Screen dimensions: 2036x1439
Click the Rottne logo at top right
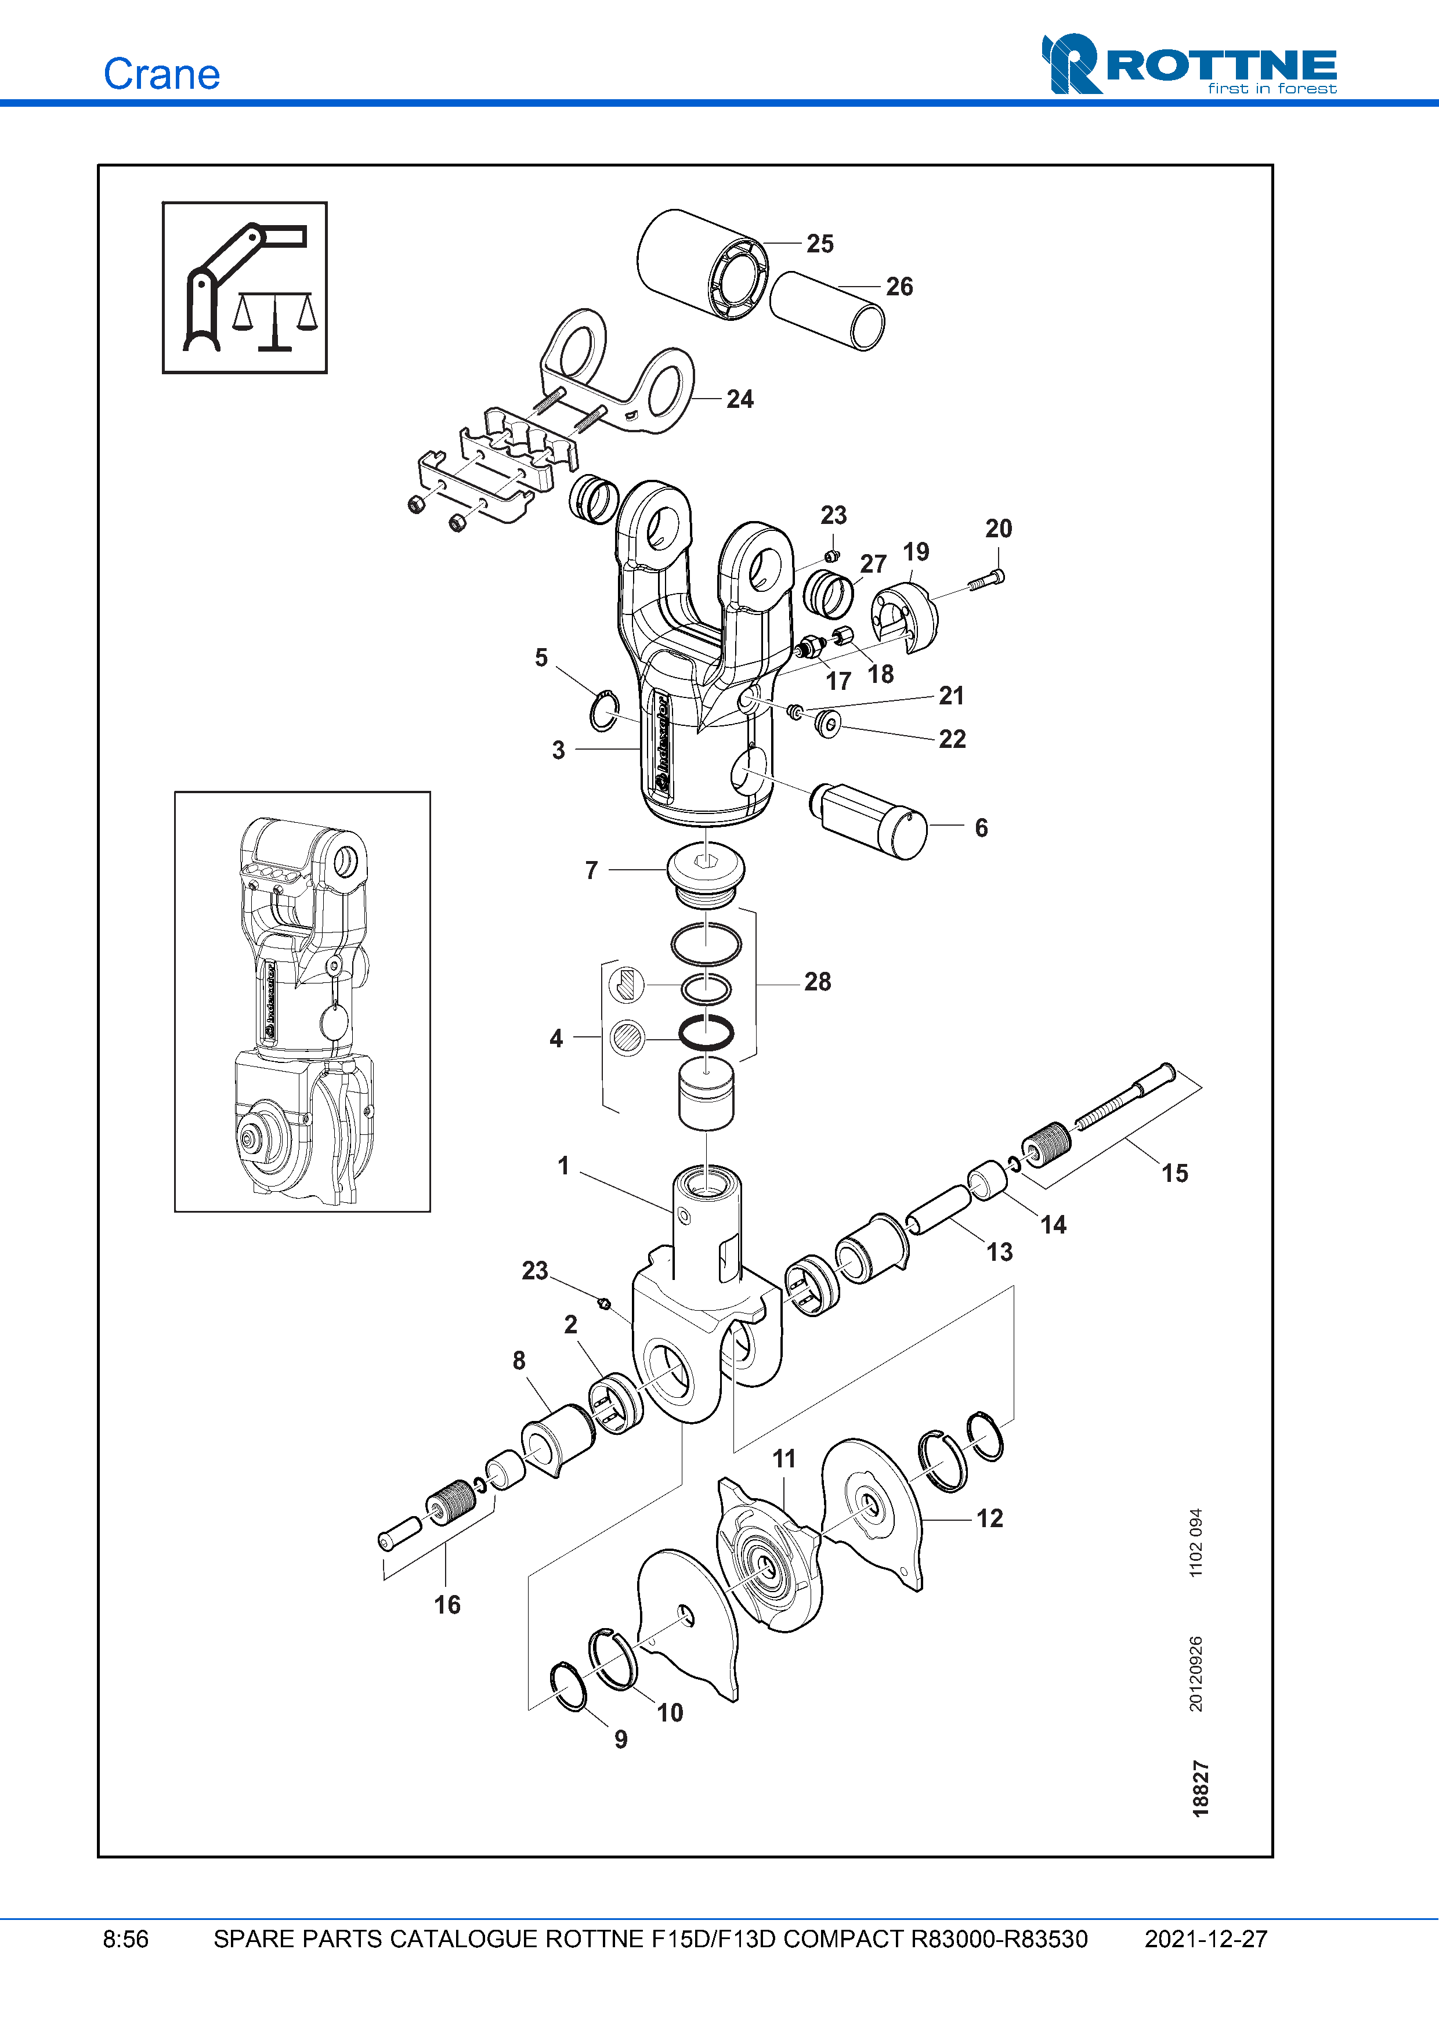click(x=1188, y=65)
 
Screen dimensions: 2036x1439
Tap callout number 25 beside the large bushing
click(x=819, y=244)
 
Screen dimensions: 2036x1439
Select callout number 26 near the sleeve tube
click(x=899, y=287)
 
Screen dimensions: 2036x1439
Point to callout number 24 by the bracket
click(x=739, y=399)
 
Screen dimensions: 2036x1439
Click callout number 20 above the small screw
click(x=999, y=529)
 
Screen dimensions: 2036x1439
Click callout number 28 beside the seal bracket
click(x=818, y=982)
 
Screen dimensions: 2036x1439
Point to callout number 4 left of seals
click(x=556, y=1039)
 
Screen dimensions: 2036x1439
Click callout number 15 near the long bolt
click(x=1175, y=1173)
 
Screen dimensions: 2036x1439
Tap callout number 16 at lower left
click(x=447, y=1604)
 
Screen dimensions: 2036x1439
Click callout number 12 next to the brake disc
click(x=989, y=1518)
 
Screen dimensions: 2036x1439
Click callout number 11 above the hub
click(x=784, y=1459)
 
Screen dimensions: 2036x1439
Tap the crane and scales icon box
click(x=245, y=287)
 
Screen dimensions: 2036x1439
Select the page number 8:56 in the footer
click(x=126, y=1939)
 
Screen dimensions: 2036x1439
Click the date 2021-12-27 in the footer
click(x=1205, y=1939)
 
